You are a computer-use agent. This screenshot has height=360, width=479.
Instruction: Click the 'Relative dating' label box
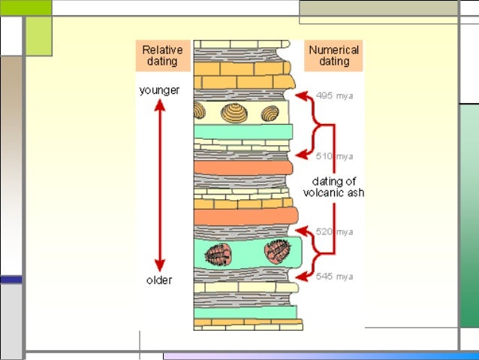[x=161, y=56]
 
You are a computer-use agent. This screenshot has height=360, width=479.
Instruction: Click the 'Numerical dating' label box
[x=334, y=56]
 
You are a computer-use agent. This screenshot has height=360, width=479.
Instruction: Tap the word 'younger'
[x=159, y=90]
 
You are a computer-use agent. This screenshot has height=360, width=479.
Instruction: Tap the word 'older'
[x=158, y=280]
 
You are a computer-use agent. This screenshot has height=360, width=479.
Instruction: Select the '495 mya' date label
[x=334, y=95]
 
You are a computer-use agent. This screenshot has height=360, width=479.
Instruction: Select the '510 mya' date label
[x=334, y=156]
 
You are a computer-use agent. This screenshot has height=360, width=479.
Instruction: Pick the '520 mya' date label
[x=334, y=232]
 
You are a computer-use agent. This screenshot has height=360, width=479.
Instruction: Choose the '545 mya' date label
[x=334, y=277]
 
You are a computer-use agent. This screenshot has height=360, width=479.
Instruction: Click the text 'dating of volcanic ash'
[x=333, y=186]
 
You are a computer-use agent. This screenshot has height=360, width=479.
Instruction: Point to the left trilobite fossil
[x=218, y=254]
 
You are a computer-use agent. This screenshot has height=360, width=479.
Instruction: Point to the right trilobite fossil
[x=276, y=250]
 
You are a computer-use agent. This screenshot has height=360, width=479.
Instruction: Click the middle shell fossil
[x=234, y=113]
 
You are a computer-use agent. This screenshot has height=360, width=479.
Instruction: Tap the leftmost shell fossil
[x=200, y=112]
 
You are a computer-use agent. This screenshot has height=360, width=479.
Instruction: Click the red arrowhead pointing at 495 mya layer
[x=301, y=95]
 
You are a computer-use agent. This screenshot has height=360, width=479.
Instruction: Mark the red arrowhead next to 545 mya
[x=301, y=277]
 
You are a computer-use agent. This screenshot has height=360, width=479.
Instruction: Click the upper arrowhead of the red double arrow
[x=159, y=104]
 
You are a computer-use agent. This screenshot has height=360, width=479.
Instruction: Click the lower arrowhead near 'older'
[x=159, y=265]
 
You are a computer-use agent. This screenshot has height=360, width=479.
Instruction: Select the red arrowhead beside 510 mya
[x=301, y=156]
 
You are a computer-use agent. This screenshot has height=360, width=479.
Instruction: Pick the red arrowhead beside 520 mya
[x=301, y=230]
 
